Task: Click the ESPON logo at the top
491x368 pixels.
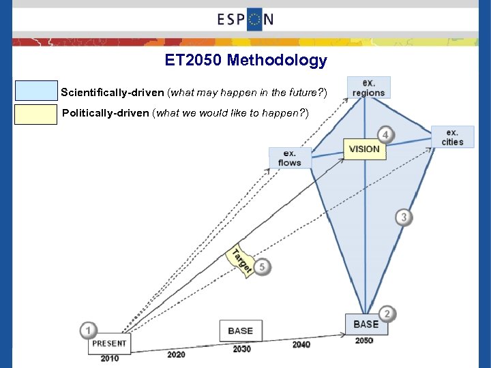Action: pos(245,19)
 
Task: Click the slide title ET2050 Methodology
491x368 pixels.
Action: pos(245,61)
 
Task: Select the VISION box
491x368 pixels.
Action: pos(363,149)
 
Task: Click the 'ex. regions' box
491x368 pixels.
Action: pos(368,88)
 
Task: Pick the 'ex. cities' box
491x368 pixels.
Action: pos(452,137)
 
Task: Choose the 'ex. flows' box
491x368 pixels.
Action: pos(290,158)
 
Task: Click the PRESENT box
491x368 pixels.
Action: pos(109,343)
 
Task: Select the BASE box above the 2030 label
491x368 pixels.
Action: pos(240,331)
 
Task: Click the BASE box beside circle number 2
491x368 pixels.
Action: pos(366,324)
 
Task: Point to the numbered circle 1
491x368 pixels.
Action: pos(87,331)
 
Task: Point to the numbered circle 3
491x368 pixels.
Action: pos(404,217)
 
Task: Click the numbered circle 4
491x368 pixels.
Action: pos(385,135)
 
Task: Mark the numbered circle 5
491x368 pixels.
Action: pos(263,267)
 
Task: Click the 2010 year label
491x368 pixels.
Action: pos(109,358)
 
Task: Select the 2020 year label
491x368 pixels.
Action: pos(175,354)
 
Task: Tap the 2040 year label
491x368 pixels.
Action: pos(301,345)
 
